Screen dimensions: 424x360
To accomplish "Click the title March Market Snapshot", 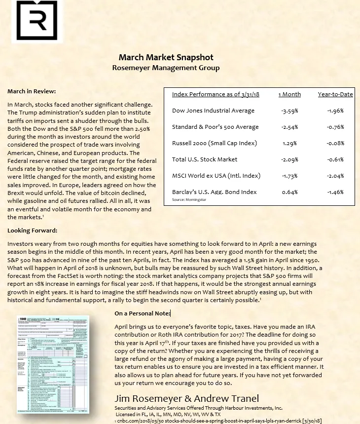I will click(166, 57).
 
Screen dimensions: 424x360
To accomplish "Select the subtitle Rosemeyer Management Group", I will click(166, 68).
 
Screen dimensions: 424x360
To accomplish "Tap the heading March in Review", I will click(32, 91).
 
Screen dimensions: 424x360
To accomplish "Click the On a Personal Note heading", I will click(142, 313).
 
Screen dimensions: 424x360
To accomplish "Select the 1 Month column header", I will click(289, 94).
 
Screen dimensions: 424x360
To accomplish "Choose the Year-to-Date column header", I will click(335, 94).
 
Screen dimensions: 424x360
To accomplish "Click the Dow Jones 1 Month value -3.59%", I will click(289, 111).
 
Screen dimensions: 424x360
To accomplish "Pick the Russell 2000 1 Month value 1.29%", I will click(289, 143).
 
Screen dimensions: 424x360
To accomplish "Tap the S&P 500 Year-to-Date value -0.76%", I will click(335, 127).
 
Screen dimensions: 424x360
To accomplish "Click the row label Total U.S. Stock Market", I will click(205, 159).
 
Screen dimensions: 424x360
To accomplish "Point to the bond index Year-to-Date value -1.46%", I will click(335, 192).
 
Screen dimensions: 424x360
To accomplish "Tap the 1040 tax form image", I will click(52, 364).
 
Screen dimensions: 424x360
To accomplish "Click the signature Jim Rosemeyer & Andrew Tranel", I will click(186, 398).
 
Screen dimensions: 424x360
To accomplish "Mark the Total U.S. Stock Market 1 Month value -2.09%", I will click(289, 159).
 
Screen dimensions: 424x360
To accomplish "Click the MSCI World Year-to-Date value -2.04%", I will click(335, 176).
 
